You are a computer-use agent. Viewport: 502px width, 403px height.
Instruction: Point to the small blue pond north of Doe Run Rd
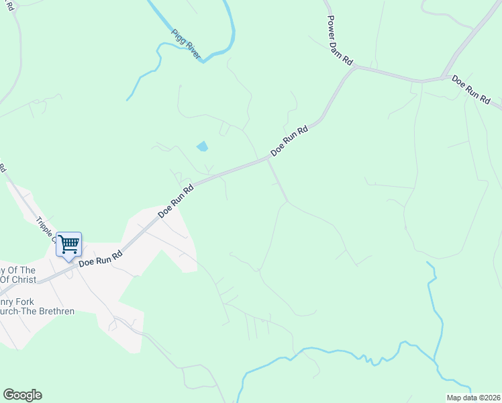202,146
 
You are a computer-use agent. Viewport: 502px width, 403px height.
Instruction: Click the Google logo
22,395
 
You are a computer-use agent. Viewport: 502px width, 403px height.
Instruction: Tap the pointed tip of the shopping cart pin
68,261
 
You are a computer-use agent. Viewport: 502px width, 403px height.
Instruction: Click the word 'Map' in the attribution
454,397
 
